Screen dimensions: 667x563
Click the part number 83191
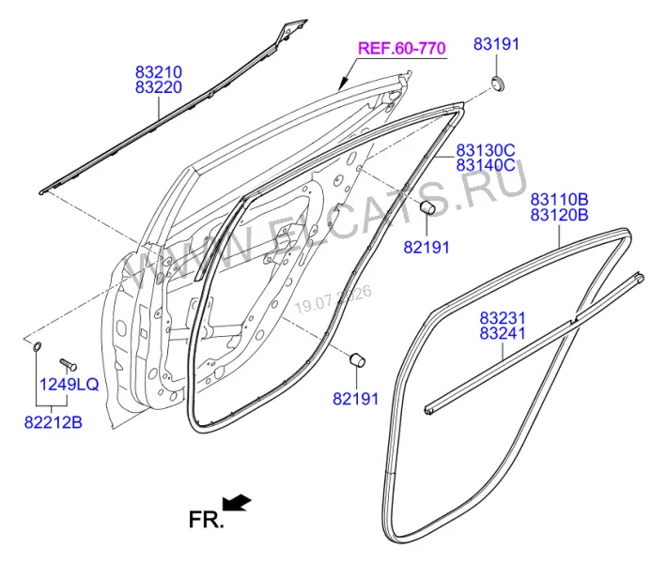pos(496,44)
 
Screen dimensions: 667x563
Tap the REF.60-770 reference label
pos(402,48)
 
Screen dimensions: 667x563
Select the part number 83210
pos(159,72)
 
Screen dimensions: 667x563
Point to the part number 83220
pos(159,87)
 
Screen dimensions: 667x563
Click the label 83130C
pos(486,150)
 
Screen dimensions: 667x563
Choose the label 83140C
pos(486,165)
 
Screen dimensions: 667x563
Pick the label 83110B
pos(559,199)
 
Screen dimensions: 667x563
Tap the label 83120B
pos(559,215)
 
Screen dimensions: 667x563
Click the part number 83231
pos(503,318)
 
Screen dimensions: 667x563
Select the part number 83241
pos(503,333)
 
